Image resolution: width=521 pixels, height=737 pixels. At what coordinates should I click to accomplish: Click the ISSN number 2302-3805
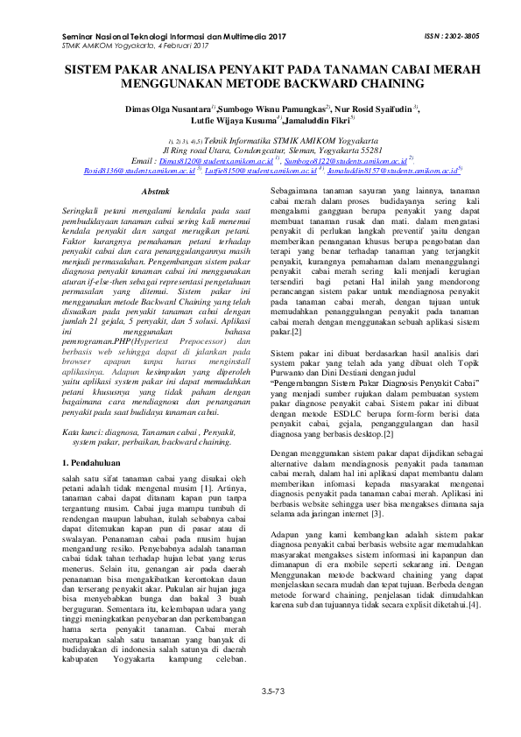pos(434,37)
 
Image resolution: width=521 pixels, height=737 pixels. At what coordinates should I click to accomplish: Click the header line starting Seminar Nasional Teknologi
pos(174,37)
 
